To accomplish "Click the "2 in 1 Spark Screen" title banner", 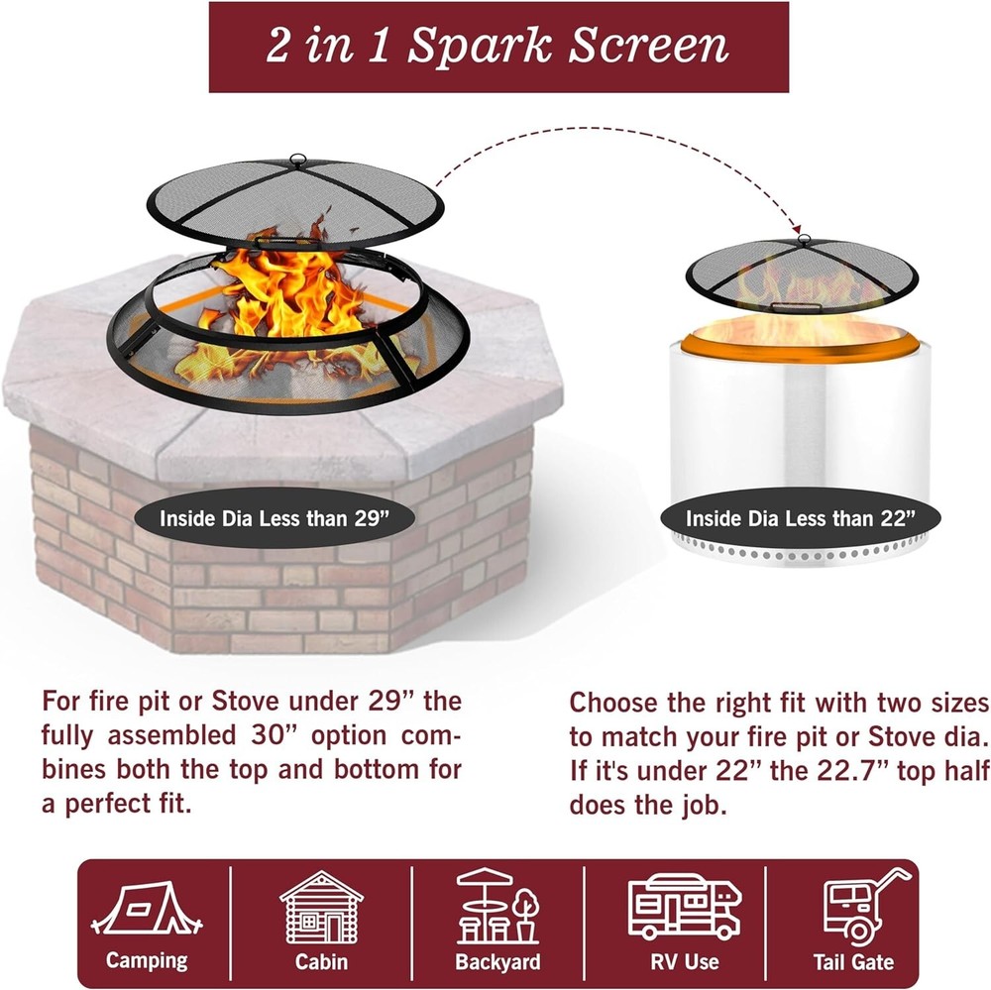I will click(497, 47).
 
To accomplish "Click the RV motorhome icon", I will click(685, 906).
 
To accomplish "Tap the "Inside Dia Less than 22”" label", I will click(800, 517).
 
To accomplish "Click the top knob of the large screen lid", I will click(295, 158).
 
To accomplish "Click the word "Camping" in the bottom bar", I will click(147, 960).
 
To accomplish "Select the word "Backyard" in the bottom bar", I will click(497, 961).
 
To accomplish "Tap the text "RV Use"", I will click(685, 960).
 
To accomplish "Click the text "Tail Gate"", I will click(853, 961).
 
